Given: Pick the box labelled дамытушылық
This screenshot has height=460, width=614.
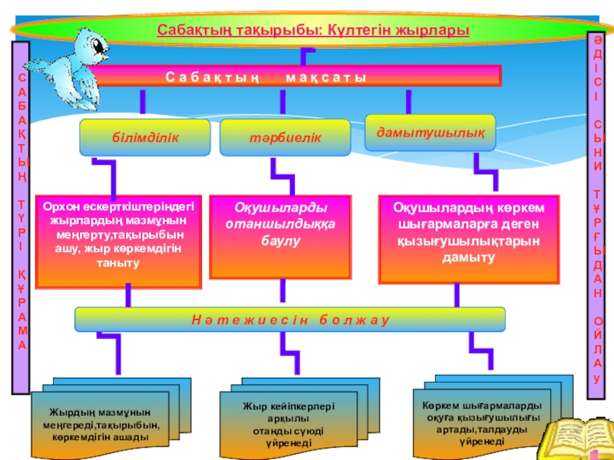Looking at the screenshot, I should point(430,132).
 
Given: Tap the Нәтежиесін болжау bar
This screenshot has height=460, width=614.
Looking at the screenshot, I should point(290,319).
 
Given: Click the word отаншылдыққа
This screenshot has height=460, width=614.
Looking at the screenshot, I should point(279,224).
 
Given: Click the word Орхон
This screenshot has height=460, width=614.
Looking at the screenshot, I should point(58,206).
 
